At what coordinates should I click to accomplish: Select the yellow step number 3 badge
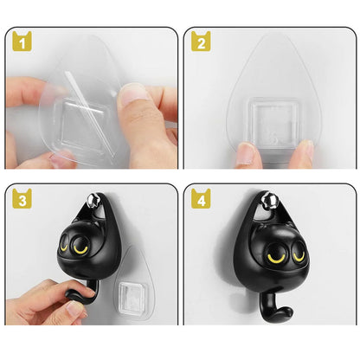pyautogui.click(x=21, y=199)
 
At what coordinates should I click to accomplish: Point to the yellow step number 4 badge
pyautogui.click(x=201, y=199)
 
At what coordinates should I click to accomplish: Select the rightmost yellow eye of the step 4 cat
pyautogui.click(x=279, y=257)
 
